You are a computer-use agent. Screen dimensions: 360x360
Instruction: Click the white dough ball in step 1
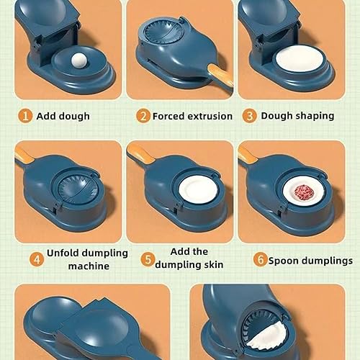[x=79, y=62]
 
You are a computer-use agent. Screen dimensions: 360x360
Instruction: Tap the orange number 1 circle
[x=25, y=116]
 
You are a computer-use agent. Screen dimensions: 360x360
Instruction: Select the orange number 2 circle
[x=143, y=116]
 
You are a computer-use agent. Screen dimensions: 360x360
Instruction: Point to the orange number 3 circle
[x=250, y=116]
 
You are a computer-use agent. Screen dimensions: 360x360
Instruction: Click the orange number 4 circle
[x=37, y=259]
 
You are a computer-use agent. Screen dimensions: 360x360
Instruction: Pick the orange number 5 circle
[x=148, y=259]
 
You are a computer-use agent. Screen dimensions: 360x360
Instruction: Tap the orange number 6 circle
[x=261, y=259]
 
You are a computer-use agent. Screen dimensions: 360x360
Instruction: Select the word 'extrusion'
[x=210, y=116]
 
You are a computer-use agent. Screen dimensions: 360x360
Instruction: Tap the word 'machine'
[x=89, y=266]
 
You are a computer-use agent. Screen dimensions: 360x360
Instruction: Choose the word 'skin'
[x=214, y=264]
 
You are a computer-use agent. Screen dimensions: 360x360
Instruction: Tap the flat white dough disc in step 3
[x=300, y=58]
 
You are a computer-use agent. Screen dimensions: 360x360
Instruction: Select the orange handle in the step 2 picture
[x=220, y=74]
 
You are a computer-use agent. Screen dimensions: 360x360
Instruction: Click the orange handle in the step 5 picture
[x=140, y=153]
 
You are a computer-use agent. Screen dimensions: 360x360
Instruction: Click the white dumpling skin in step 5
[x=199, y=189]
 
